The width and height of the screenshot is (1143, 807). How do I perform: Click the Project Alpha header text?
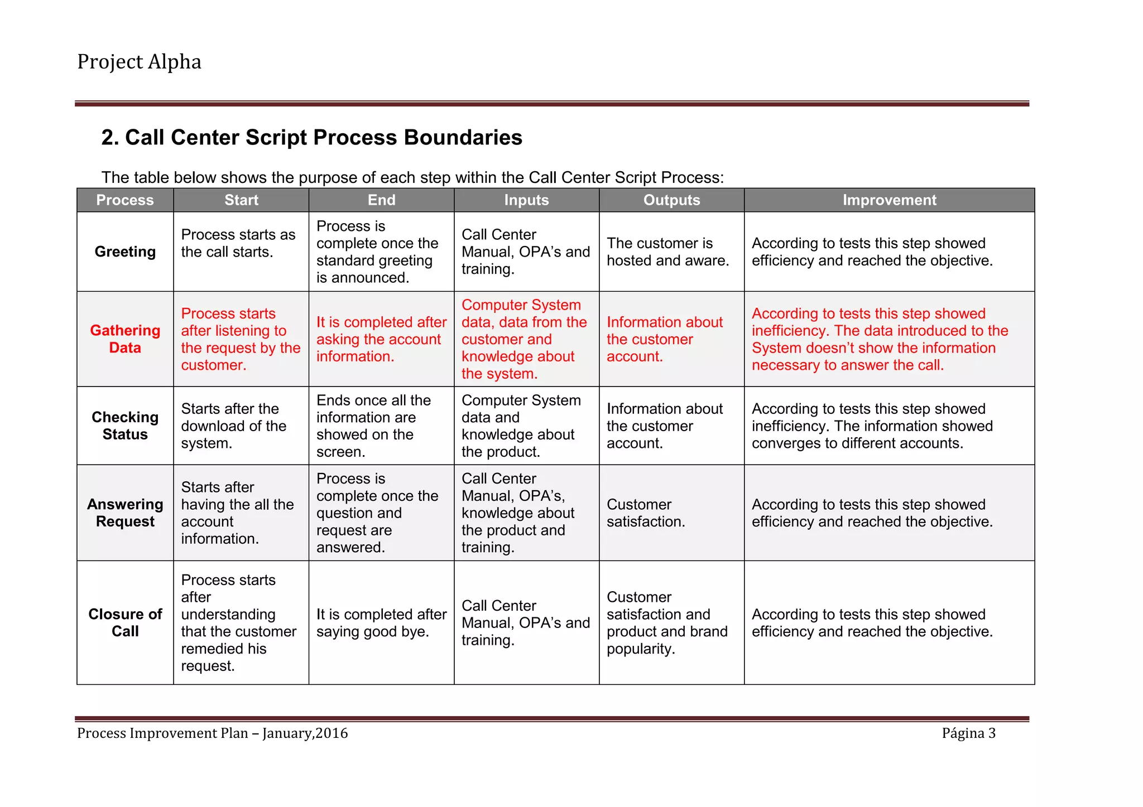tap(139, 61)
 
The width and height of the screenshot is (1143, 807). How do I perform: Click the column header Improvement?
tap(889, 200)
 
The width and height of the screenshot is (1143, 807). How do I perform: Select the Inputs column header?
tap(526, 200)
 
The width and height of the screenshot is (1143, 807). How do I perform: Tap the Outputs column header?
tap(671, 200)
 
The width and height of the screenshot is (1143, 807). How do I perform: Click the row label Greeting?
tap(125, 252)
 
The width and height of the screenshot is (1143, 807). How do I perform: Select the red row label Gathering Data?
tap(125, 339)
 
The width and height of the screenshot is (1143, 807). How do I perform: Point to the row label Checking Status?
tap(125, 426)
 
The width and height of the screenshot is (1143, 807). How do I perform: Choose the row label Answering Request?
tap(125, 513)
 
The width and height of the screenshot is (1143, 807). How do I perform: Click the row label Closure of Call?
tap(125, 622)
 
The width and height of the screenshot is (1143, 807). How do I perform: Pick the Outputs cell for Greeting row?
tap(667, 252)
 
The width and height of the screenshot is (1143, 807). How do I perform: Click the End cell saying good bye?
tap(381, 622)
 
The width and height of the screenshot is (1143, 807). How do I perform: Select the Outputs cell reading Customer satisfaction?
tap(645, 513)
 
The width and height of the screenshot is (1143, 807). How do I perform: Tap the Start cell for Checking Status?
tap(233, 426)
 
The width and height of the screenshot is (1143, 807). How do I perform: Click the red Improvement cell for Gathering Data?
tap(879, 339)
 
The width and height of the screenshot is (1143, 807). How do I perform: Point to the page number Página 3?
tap(968, 733)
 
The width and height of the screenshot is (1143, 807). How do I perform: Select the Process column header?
tap(125, 200)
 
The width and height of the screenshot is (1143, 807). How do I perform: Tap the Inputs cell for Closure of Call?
tap(525, 622)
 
